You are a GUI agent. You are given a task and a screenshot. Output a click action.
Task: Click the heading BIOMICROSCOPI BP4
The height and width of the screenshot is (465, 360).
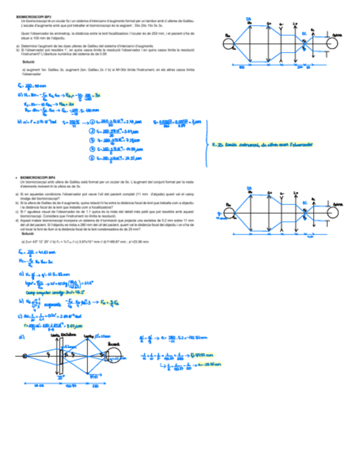[x=38, y=178]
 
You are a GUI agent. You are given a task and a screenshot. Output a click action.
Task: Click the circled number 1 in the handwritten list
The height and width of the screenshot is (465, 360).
[x=92, y=122]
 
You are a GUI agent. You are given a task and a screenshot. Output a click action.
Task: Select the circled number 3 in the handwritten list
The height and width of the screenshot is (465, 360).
[x=92, y=140]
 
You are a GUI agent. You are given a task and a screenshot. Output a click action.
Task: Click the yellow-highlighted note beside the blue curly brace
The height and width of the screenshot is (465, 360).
[x=262, y=145]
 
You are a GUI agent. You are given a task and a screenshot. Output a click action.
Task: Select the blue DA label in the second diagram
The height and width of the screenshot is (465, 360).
[x=248, y=189]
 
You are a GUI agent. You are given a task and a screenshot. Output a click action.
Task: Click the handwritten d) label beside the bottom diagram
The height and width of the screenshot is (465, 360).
[x=21, y=337]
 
